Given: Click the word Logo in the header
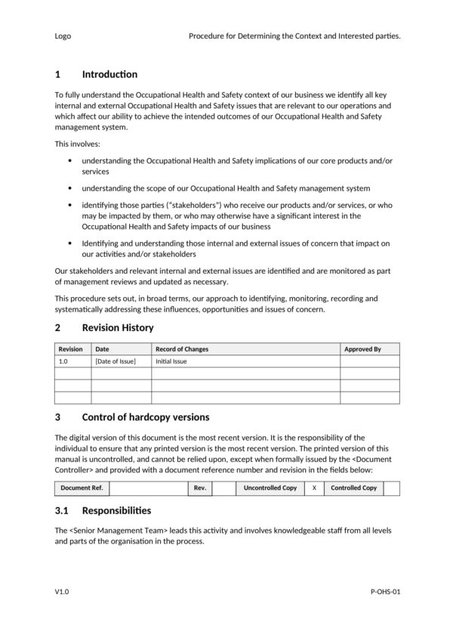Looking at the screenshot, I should pyautogui.click(x=63, y=36).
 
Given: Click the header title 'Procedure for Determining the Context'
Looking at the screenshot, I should pyautogui.click(x=294, y=36).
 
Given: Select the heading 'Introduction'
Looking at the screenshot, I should pyautogui.click(x=109, y=74).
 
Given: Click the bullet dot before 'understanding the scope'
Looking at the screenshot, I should pyautogui.click(x=70, y=188).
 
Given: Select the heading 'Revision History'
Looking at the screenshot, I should pyautogui.click(x=117, y=327).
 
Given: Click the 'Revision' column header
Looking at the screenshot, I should pyautogui.click(x=71, y=349).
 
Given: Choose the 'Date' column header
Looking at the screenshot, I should pyautogui.click(x=102, y=349).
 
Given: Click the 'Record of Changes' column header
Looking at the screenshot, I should pyautogui.click(x=182, y=349).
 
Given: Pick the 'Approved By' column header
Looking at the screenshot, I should pyautogui.click(x=362, y=349).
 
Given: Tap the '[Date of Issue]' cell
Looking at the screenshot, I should pyautogui.click(x=116, y=361).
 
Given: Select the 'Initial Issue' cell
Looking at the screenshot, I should pyautogui.click(x=171, y=361).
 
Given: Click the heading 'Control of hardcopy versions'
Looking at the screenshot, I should pyautogui.click(x=145, y=417).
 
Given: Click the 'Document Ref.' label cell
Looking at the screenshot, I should pyautogui.click(x=82, y=488).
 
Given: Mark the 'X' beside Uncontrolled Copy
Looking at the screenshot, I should pyautogui.click(x=314, y=488).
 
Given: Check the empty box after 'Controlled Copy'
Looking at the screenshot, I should pyautogui.click(x=391, y=488).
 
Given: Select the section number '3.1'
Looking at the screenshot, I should pyautogui.click(x=62, y=510).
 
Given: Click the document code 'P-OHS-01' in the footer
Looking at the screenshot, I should pyautogui.click(x=385, y=593).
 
